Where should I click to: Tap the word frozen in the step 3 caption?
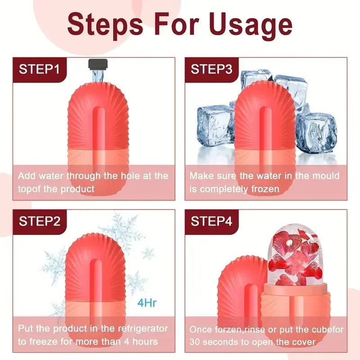tap(265, 189)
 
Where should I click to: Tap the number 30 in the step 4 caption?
tap(196, 342)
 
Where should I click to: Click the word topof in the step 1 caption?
tap(30, 189)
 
